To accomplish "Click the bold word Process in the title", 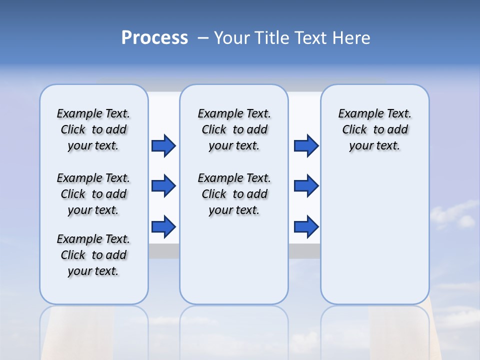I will [154, 38].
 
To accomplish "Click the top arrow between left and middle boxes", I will [163, 145].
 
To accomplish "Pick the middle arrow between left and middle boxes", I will [163, 186].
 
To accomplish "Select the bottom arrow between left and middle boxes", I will [163, 226].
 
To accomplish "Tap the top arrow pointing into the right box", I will [306, 145].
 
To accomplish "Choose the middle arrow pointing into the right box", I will [306, 186].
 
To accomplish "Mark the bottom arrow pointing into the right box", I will [306, 226].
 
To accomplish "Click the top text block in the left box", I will [93, 129].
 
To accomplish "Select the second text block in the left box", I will [93, 194].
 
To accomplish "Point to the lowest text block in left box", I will [93, 255].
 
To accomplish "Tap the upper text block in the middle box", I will [234, 129].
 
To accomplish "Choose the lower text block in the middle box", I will [234, 194].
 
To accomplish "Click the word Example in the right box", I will [358, 114].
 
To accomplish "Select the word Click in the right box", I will [354, 130].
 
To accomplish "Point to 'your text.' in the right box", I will [374, 146].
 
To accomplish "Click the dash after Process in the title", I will [203, 38].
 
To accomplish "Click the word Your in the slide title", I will [231, 38].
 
